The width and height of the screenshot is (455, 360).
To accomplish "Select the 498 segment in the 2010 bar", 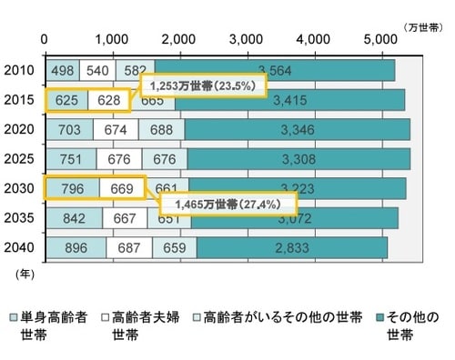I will click(63, 70).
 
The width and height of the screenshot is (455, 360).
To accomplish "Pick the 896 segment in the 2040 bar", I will click(75, 247).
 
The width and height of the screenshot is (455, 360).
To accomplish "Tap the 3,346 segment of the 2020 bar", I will click(297, 129).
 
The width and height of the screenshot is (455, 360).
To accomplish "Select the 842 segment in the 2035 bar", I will click(73, 218).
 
